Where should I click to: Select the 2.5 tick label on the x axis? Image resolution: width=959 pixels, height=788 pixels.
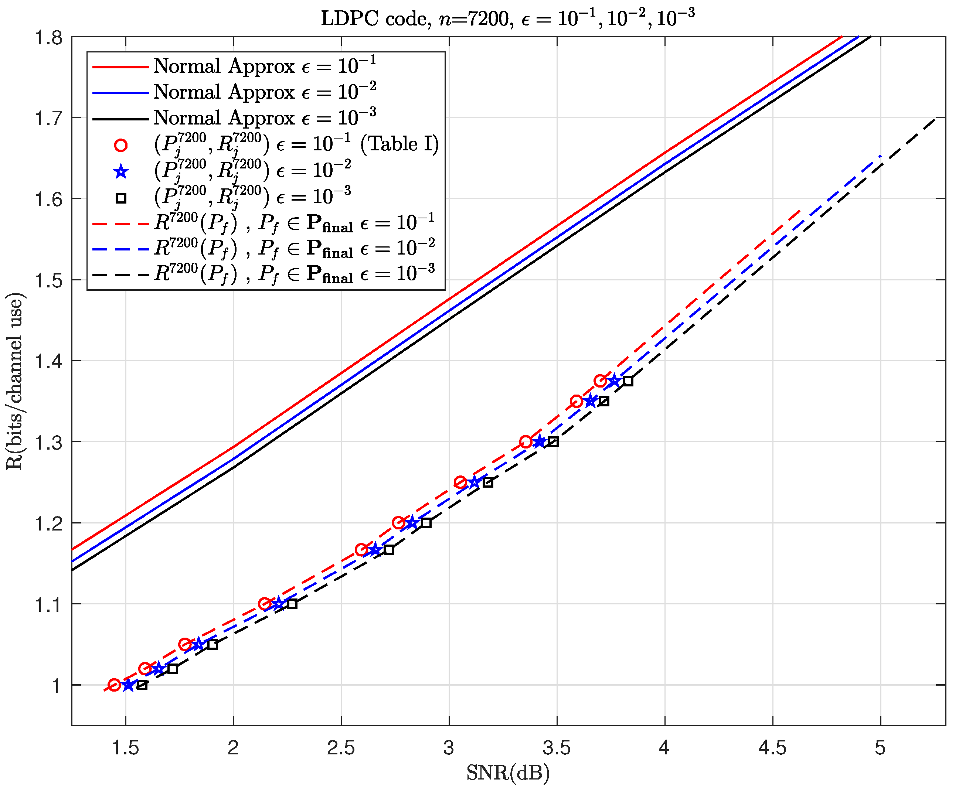pos(341,748)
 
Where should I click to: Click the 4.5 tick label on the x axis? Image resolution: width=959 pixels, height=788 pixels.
pos(772,748)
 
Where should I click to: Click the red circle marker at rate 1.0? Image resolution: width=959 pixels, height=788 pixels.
pos(115,685)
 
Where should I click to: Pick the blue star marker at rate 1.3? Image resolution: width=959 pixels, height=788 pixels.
pos(539,442)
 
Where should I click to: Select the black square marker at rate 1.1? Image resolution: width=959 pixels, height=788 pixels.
pos(292,604)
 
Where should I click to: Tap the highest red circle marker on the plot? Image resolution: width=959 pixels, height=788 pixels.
pos(600,381)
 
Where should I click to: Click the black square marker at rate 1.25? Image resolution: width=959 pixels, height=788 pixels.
pos(488,482)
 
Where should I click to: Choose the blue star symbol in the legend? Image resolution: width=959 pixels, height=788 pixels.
pos(121,171)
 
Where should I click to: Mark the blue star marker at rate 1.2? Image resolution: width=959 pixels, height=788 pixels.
pos(412,523)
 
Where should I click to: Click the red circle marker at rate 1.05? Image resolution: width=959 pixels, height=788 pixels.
pos(185,645)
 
